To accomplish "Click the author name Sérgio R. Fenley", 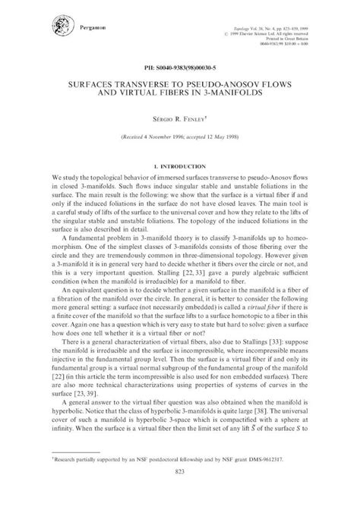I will (180, 119).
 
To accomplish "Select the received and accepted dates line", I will (180, 140).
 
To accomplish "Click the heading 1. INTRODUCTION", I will (180, 165).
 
